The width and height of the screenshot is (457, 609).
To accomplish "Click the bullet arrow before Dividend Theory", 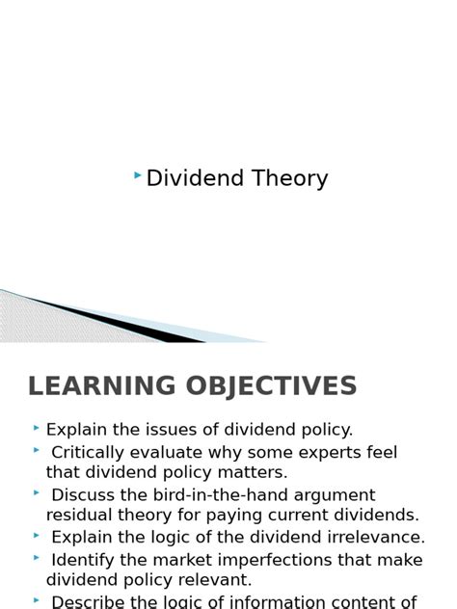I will click(x=139, y=175).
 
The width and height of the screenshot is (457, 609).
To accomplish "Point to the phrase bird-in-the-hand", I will click(x=218, y=495).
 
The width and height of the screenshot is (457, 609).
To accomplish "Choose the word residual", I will click(x=78, y=516).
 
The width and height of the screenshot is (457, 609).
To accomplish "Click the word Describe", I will click(x=87, y=601).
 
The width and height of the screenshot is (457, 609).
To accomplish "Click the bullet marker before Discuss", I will click(x=36, y=491).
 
